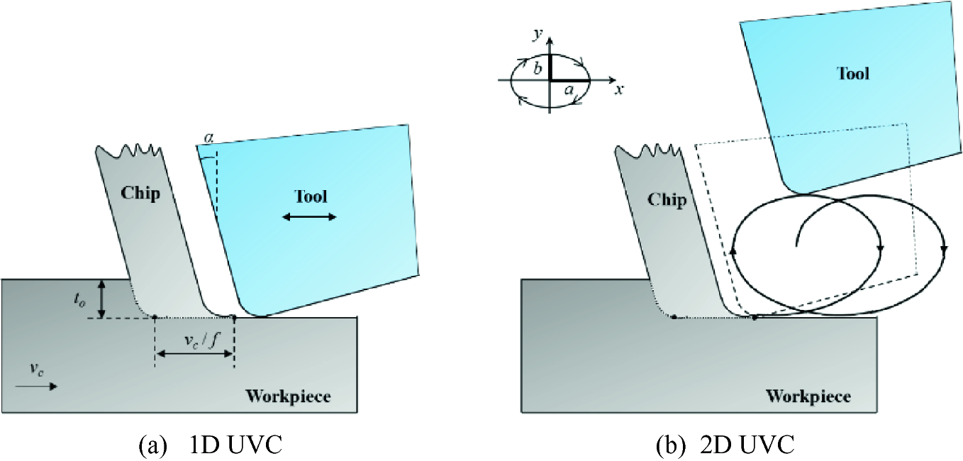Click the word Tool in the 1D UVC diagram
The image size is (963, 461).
coord(311,196)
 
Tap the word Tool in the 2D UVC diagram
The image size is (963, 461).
coord(853,72)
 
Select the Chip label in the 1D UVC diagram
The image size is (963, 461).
coord(140,193)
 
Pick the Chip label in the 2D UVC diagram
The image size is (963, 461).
coord(667,200)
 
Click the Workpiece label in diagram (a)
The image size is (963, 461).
coord(288,396)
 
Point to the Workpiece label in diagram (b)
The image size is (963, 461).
coord(808,396)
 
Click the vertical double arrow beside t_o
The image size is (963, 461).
coord(102,298)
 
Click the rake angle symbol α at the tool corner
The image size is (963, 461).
coord(207,135)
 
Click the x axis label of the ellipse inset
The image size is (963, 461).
coord(618,89)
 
